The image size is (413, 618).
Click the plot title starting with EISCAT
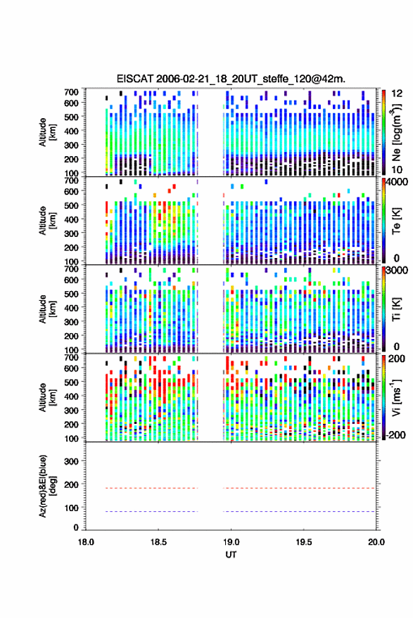coord(231,79)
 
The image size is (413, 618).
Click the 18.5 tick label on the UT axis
coord(158,542)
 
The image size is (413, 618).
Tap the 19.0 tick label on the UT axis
coord(231,542)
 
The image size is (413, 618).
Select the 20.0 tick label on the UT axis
coord(376,542)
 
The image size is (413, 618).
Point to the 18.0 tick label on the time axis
coord(86,542)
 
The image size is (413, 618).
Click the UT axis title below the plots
coord(231,555)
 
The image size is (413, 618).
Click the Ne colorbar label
coord(396,131)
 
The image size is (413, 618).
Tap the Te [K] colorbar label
coord(396,221)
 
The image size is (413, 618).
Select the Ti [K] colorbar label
coord(396,309)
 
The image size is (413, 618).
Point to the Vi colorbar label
coord(396,397)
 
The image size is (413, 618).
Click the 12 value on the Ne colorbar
coord(398,94)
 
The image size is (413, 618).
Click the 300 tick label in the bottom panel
coord(71,461)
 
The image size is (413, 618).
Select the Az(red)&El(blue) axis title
coord(47,486)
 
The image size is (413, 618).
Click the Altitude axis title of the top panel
coord(47,132)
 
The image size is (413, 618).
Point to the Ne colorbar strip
coord(383,131)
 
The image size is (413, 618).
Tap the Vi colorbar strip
coord(383,397)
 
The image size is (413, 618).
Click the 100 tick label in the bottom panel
coord(71,508)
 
